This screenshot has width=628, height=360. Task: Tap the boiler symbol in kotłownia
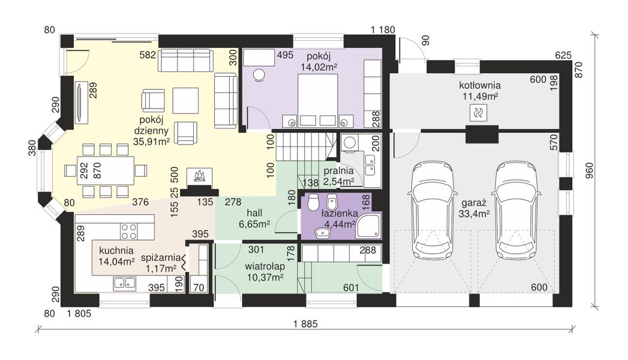click(x=478, y=113)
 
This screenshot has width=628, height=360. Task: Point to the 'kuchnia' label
click(x=116, y=251)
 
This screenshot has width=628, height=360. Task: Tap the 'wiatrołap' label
click(x=265, y=266)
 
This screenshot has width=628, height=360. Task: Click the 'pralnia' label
click(x=338, y=171)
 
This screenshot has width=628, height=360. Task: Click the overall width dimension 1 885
click(x=305, y=324)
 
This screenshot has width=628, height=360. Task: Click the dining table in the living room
click(x=106, y=170)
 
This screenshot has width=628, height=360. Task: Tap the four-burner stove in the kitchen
click(x=129, y=232)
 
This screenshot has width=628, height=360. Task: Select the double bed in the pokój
click(x=317, y=101)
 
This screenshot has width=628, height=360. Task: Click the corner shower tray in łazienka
click(x=368, y=226)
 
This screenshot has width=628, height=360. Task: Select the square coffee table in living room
click(x=185, y=101)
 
